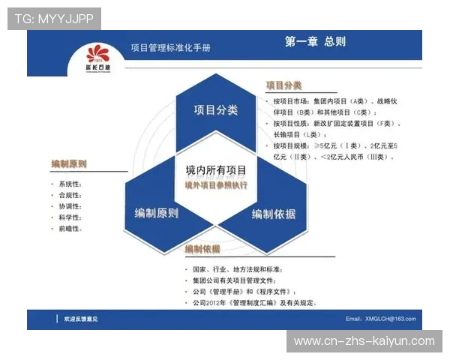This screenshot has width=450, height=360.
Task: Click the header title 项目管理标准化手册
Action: (170, 47)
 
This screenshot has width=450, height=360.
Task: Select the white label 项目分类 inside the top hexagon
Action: (216, 110)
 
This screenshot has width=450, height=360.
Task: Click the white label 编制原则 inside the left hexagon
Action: (156, 214)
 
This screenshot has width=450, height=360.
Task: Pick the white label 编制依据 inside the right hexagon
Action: (274, 214)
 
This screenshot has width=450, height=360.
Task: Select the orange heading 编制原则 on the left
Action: (69, 163)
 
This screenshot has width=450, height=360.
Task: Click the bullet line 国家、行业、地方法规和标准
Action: (238, 269)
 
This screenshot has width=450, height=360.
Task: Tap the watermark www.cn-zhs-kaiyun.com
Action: (364, 341)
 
